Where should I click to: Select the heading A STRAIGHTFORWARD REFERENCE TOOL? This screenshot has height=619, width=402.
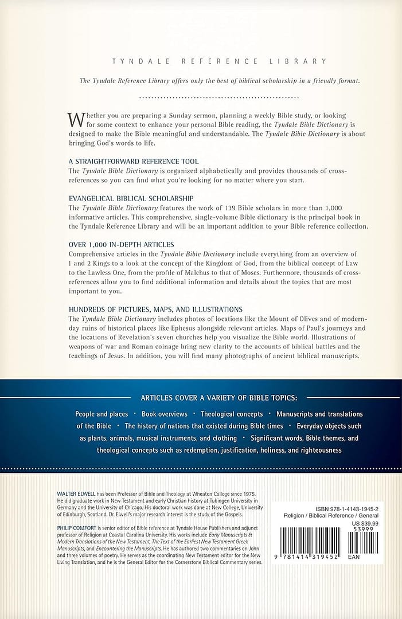point(134,162)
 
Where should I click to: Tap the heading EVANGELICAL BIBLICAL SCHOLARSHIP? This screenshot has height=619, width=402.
point(131,198)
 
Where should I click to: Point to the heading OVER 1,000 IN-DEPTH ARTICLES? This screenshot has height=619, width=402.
point(121,244)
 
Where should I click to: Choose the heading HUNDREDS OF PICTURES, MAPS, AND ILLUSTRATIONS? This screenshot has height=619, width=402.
point(155,309)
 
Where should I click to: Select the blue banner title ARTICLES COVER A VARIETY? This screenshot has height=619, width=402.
point(223,397)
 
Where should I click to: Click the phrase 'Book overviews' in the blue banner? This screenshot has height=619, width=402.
point(165,414)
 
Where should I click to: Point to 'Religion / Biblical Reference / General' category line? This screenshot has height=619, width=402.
point(332,515)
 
